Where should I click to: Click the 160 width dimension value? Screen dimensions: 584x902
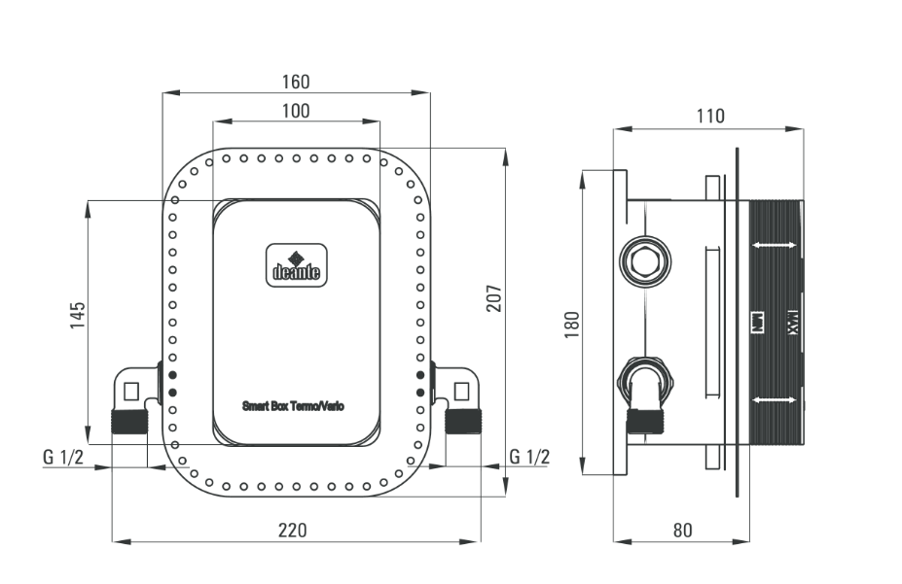296,81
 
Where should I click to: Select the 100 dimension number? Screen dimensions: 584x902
296,111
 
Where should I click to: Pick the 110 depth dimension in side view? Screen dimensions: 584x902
710,117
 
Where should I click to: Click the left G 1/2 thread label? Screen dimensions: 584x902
63,457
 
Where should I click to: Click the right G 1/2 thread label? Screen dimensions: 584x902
529,457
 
